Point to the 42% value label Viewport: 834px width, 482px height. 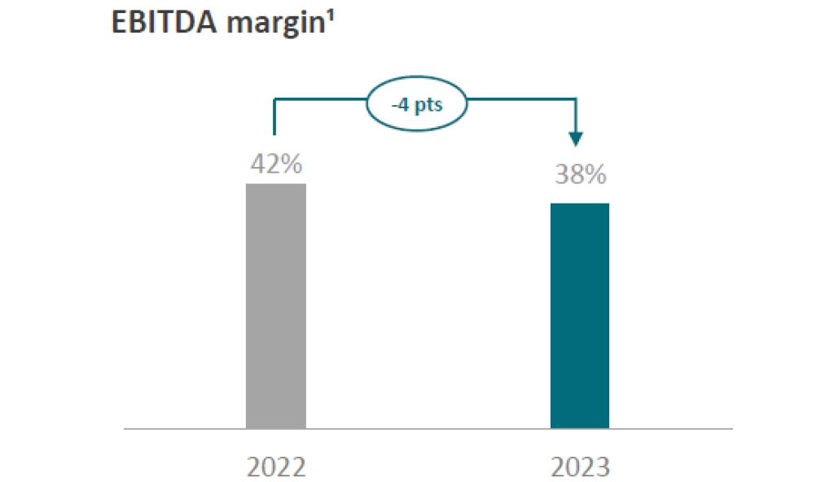tap(276, 164)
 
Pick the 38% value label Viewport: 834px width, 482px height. tap(580, 174)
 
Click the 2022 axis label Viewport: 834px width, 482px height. tap(276, 467)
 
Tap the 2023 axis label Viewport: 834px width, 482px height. tap(580, 467)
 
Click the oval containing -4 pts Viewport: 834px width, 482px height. tap(419, 107)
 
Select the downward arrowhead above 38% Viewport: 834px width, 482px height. tap(577, 139)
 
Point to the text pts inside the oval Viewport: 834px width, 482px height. tap(430, 107)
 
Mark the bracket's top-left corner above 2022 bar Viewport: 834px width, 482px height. tap(275, 99)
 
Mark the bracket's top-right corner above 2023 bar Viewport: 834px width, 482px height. tap(577, 99)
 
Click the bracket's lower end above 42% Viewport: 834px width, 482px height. tap(275, 133)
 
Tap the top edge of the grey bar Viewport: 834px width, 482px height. tap(276, 184)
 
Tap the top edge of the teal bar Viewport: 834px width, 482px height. tap(580, 204)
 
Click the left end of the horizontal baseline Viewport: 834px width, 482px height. tap(125, 428)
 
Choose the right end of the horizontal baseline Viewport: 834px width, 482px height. tap(732, 428)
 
